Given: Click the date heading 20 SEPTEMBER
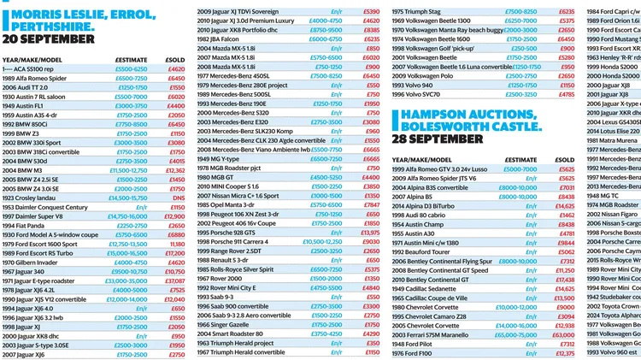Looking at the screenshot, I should point(47,39).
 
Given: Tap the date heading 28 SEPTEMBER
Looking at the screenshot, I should point(438,139).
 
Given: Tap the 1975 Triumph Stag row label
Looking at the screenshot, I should point(417,12).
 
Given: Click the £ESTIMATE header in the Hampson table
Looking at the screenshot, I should point(505,159).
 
